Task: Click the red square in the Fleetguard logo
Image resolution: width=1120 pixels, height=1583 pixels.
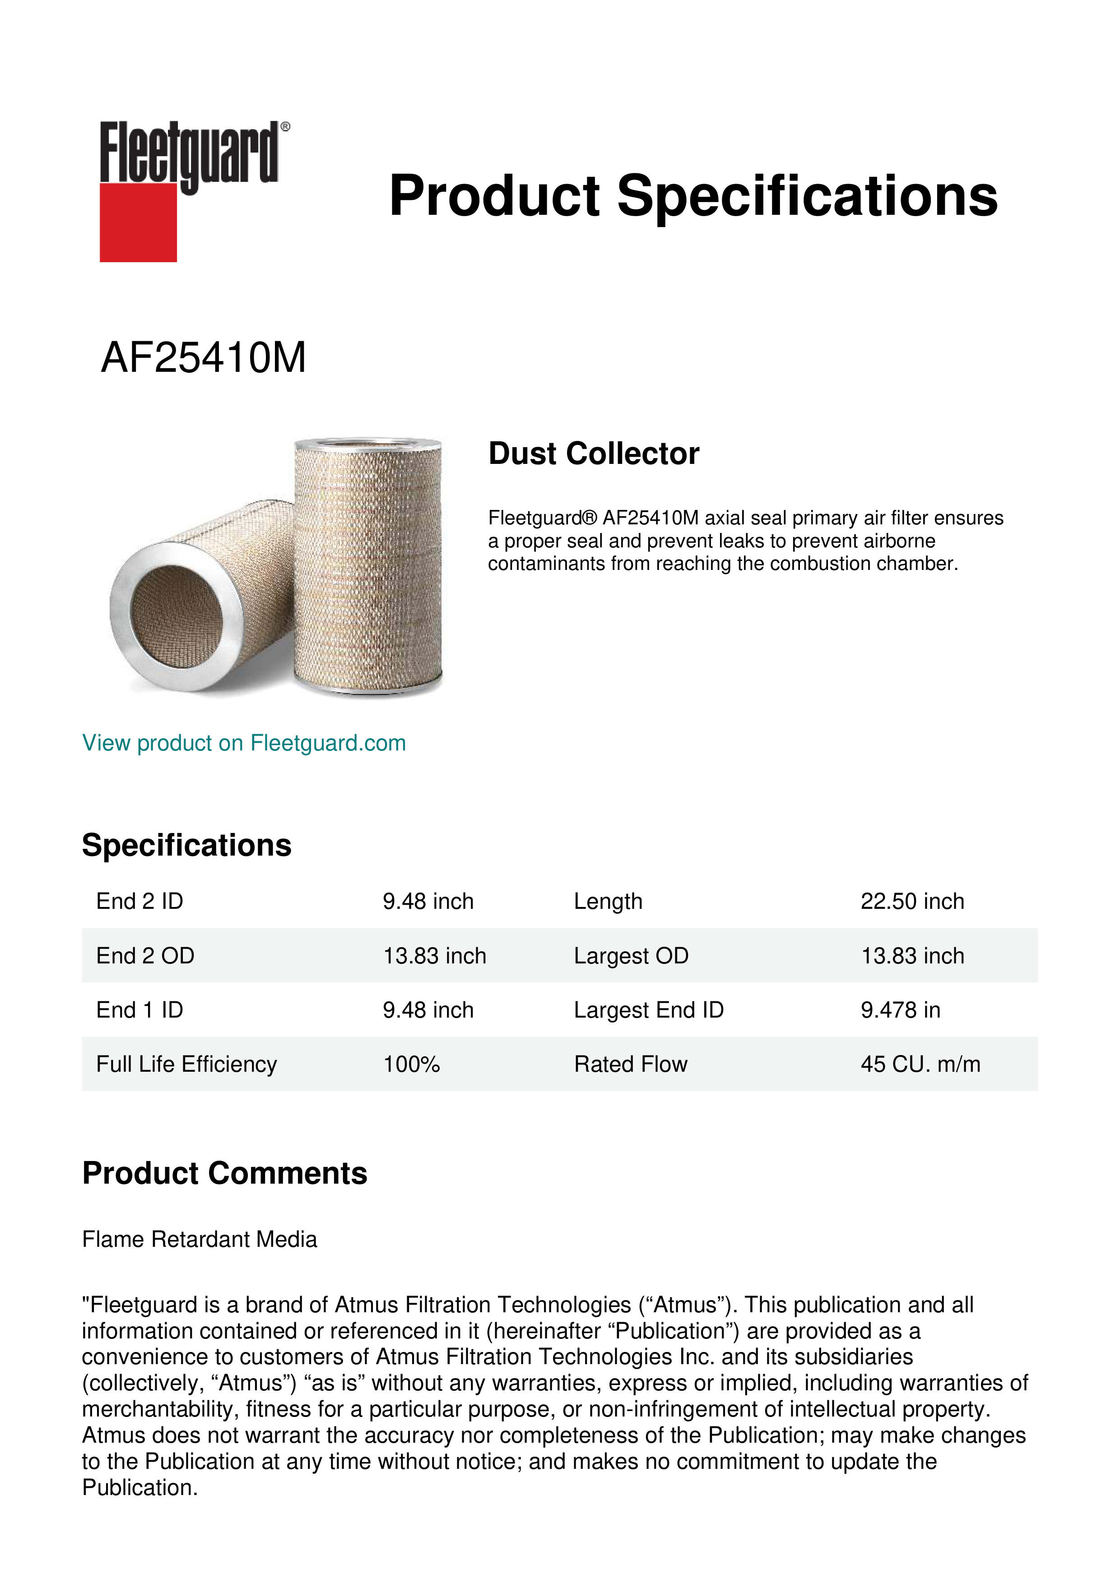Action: tap(138, 222)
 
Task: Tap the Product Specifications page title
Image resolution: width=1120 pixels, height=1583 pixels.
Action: tap(692, 196)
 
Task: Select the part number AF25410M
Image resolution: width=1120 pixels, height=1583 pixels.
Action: tap(204, 358)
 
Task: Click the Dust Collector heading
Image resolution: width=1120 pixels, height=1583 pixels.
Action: tap(593, 454)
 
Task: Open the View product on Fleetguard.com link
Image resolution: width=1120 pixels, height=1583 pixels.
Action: tap(243, 743)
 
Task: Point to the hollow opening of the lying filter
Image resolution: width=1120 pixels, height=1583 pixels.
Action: tap(177, 614)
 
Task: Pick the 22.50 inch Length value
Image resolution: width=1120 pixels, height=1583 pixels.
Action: tap(912, 901)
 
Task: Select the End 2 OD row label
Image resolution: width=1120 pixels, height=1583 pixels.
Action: tap(145, 956)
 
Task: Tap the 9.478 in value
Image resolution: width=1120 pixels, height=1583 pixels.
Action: tap(900, 1010)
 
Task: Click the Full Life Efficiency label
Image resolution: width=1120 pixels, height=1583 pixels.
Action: tap(186, 1064)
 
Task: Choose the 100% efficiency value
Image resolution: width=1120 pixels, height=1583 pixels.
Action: tap(411, 1064)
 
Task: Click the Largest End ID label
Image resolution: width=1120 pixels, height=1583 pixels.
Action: tap(648, 1010)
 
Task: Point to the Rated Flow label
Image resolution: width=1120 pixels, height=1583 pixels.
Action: tap(630, 1064)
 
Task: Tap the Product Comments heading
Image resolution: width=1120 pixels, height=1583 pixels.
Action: tap(224, 1173)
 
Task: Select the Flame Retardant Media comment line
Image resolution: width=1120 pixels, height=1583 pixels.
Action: tap(200, 1239)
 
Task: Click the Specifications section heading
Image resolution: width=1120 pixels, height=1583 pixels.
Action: tap(186, 845)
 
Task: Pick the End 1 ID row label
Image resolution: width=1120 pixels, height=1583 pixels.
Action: tap(139, 1010)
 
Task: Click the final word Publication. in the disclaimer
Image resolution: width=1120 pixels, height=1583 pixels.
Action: tap(140, 1487)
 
